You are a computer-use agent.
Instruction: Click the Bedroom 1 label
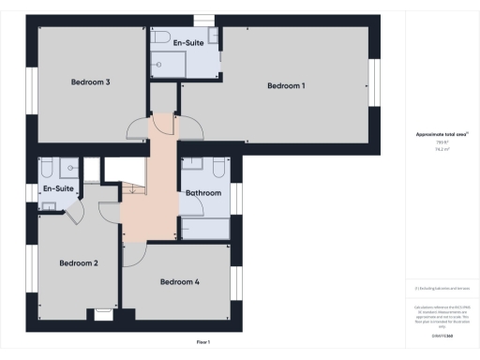coord(286,86)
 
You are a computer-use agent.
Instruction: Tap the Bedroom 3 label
coord(91,82)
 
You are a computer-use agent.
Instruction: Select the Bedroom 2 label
coord(78,262)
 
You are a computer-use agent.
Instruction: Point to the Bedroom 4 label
coord(179,281)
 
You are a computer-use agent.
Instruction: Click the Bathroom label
coord(203,193)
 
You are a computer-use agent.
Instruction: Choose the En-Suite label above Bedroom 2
coord(58,188)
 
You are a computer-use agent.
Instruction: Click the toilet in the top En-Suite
coord(160,37)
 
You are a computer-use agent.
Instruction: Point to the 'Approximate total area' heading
coord(442,134)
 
